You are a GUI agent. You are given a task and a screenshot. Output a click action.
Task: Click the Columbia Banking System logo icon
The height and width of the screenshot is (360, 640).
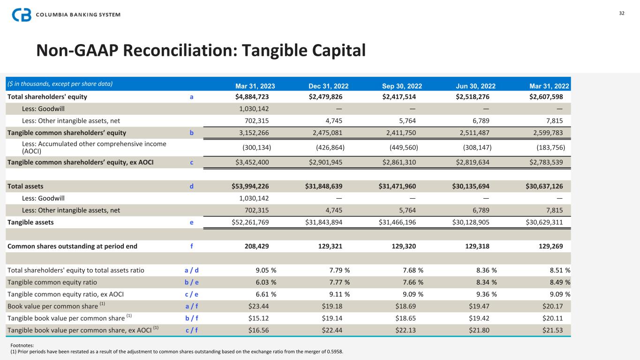[x=22, y=15]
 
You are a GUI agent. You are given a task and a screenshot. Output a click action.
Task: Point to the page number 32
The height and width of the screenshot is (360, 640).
[x=622, y=14]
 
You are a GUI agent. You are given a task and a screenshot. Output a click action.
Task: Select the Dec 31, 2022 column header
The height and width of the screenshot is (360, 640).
[x=328, y=86]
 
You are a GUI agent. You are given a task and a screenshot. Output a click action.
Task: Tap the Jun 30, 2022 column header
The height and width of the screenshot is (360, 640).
[x=475, y=86]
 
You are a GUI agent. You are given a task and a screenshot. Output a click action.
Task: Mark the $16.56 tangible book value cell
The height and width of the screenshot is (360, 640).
[x=258, y=330]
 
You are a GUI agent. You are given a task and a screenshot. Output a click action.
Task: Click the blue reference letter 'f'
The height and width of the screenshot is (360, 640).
[x=191, y=246]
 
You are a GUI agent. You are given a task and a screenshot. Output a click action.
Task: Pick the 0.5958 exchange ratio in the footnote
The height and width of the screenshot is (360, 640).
[x=341, y=352]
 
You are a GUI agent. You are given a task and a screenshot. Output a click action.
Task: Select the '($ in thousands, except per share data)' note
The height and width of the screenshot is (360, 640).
[x=60, y=84]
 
